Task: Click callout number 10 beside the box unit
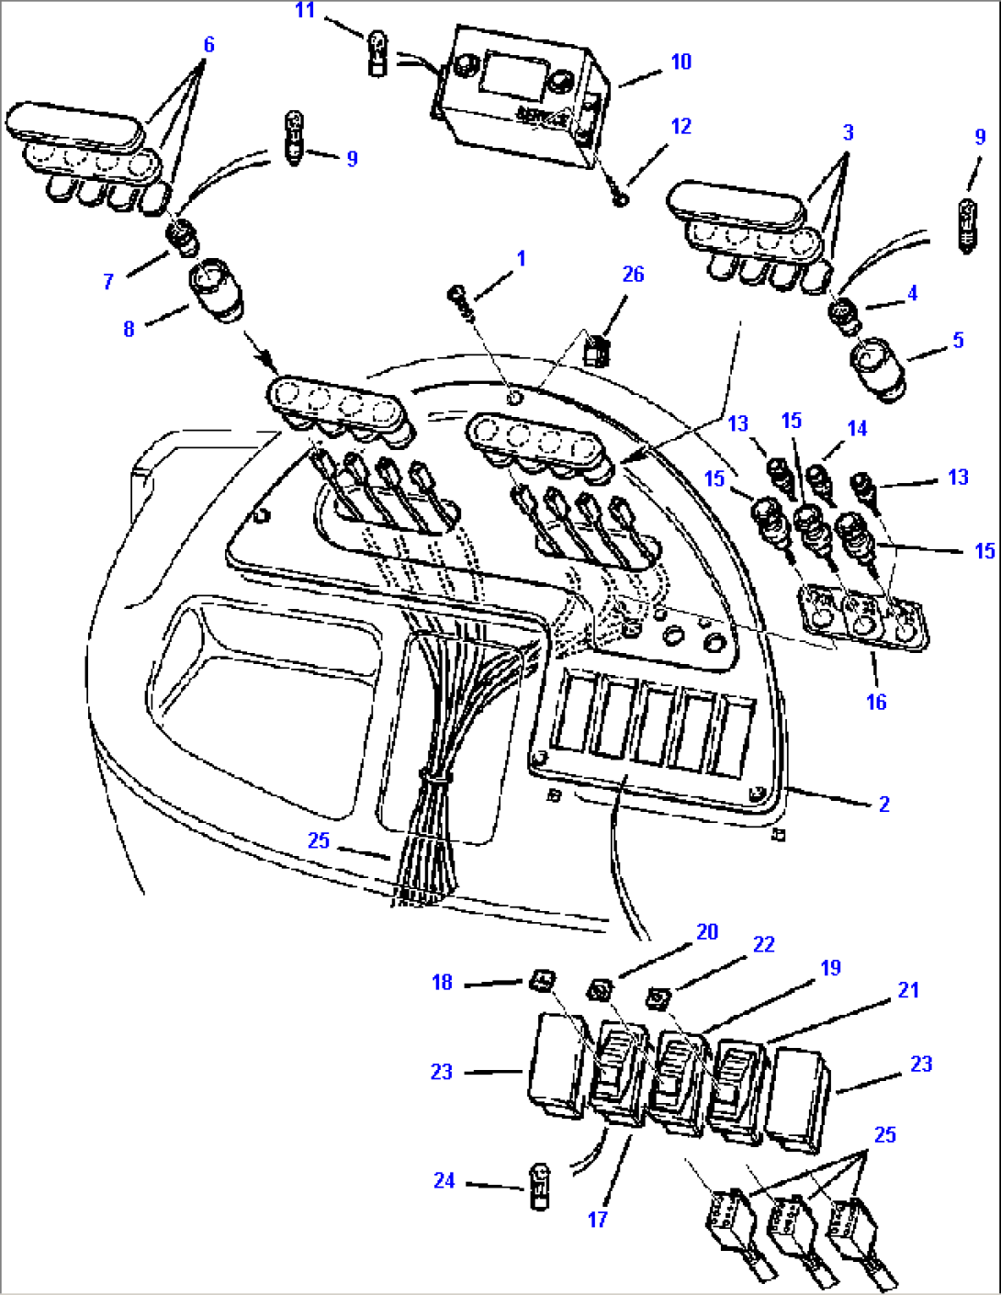coord(680,62)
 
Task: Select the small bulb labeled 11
coord(377,52)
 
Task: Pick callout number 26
coord(633,274)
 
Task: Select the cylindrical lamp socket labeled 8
coord(218,290)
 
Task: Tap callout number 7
coord(108,281)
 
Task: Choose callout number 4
coord(911,293)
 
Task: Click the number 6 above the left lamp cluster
coord(208,44)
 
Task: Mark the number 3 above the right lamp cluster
coord(848,131)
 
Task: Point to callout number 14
coord(857,428)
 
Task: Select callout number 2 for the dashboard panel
coord(883,804)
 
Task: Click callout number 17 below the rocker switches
coord(598,1219)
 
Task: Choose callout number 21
coord(908,989)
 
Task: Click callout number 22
coord(764,944)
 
